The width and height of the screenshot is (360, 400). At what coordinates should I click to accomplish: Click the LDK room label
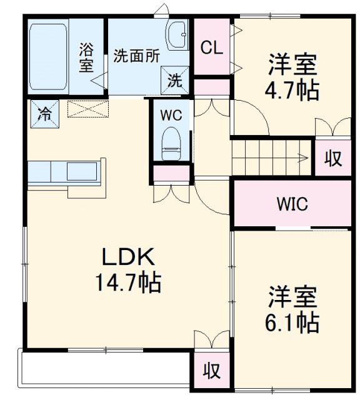click(128, 257)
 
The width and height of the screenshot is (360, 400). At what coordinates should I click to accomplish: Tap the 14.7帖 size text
click(128, 283)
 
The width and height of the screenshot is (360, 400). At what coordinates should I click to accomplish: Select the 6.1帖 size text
click(294, 322)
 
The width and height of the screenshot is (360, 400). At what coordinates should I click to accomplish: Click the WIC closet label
click(292, 204)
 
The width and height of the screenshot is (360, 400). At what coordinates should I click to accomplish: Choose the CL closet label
click(212, 48)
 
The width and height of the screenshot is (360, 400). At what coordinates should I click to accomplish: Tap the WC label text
click(170, 115)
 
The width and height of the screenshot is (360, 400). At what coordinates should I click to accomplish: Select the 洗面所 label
click(136, 55)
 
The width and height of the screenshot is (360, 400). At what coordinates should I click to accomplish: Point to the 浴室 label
click(86, 56)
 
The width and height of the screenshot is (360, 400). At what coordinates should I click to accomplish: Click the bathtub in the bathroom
click(48, 56)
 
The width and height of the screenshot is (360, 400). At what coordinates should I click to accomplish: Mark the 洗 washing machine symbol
click(176, 80)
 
